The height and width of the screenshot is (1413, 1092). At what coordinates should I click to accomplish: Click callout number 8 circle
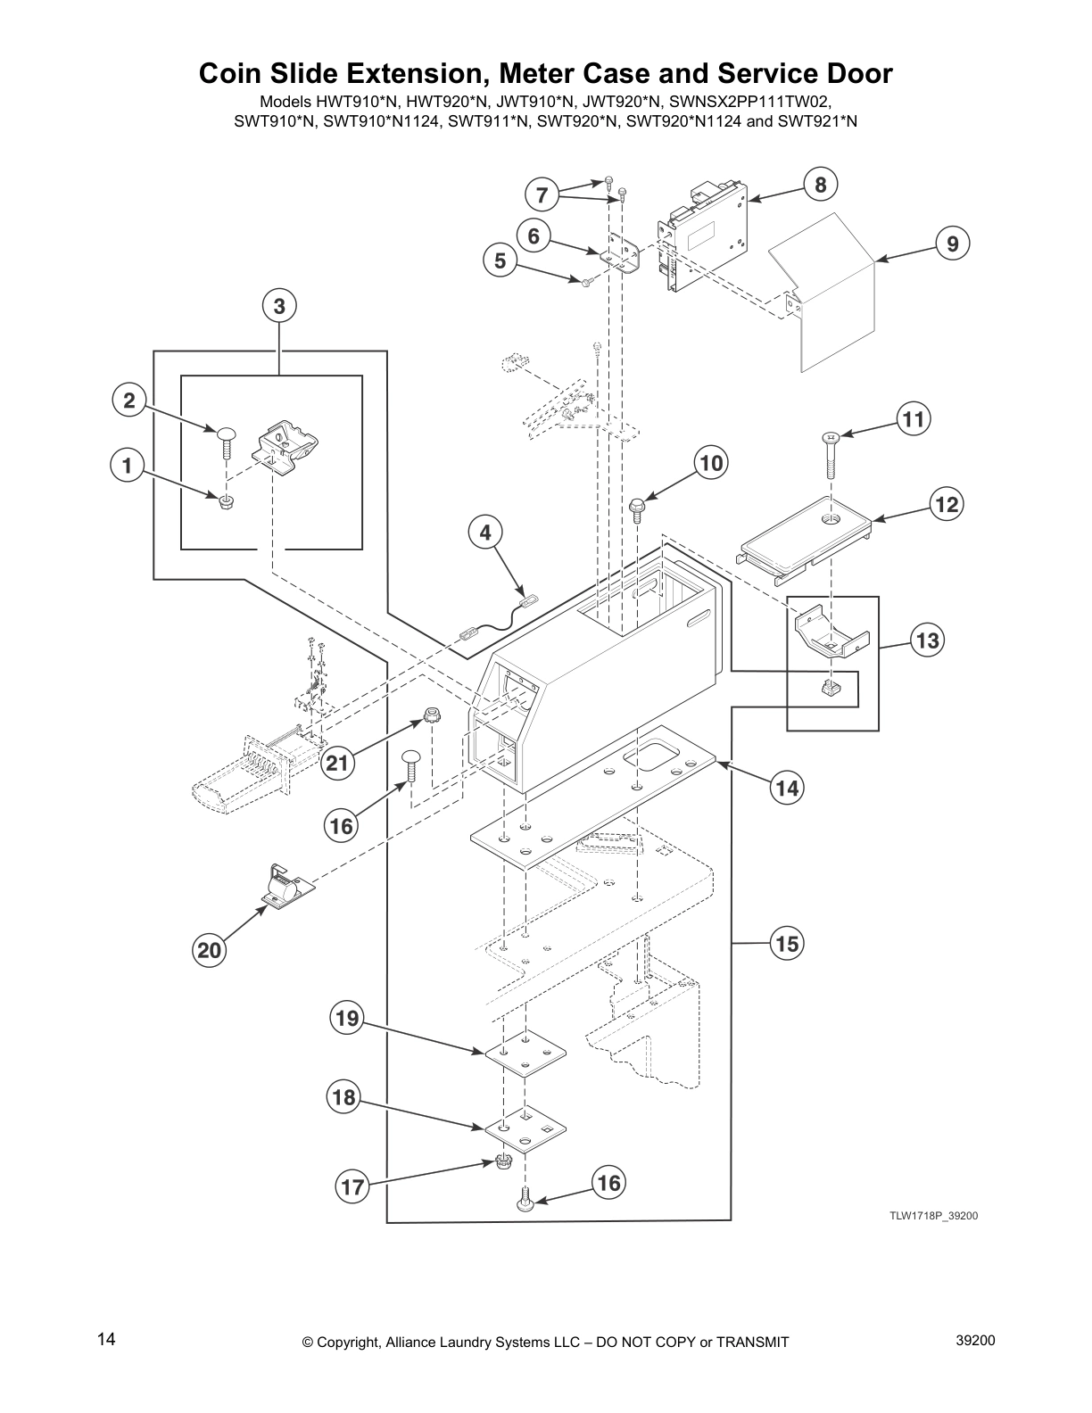[x=821, y=185]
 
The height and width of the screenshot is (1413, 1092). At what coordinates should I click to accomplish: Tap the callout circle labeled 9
[x=953, y=244]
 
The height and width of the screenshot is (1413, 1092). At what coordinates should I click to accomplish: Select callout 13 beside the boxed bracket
[x=927, y=640]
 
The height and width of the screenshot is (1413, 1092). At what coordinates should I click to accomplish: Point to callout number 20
[x=209, y=950]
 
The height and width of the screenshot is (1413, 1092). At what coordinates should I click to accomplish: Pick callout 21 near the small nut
[x=336, y=763]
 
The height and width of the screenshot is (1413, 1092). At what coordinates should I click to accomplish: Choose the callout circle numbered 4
[x=485, y=533]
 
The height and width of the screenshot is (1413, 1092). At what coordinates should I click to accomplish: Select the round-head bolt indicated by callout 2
[x=227, y=443]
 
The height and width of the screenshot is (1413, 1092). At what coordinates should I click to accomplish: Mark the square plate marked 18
[x=526, y=1126]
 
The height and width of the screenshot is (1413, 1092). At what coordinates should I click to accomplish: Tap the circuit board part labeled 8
[x=705, y=235]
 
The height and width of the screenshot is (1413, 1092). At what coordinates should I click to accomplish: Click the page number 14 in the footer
[x=106, y=1339]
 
